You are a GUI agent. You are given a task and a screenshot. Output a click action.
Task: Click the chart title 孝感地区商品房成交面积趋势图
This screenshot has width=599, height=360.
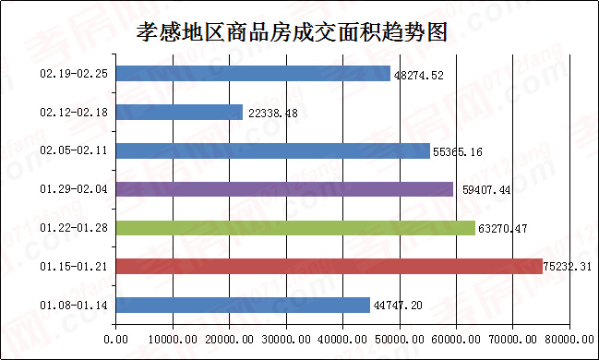(x=291, y=32)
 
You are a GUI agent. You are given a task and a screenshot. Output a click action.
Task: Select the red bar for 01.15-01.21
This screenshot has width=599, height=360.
(x=329, y=266)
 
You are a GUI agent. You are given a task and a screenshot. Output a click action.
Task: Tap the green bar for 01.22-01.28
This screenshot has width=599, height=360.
(x=295, y=228)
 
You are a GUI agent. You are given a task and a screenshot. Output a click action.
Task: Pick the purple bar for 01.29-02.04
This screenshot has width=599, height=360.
(x=284, y=189)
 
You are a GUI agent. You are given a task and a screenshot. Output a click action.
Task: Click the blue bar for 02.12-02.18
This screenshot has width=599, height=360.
(x=179, y=112)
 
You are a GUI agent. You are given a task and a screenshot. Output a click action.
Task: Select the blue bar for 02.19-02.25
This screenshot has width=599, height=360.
(x=253, y=74)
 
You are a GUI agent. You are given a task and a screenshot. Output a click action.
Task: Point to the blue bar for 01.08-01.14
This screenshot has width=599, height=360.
(x=243, y=305)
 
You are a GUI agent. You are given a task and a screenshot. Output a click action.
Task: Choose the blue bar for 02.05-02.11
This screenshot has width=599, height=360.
(x=273, y=150)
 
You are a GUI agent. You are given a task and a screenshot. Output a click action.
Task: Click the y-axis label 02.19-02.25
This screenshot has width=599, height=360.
(x=75, y=74)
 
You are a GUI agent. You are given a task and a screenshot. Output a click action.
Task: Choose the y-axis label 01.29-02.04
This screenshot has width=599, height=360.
(x=75, y=189)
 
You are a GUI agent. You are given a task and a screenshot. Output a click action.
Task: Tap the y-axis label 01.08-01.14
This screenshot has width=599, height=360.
(x=75, y=305)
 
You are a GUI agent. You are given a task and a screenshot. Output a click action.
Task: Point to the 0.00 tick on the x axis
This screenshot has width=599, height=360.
(x=116, y=340)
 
